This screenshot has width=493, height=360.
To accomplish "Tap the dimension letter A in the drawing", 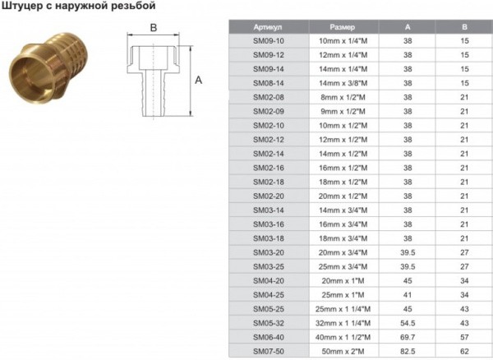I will point(198,80).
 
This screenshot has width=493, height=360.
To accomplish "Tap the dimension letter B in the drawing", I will point(153,28).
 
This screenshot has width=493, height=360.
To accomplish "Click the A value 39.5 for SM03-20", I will point(408,253).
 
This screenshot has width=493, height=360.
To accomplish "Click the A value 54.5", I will point(408,323).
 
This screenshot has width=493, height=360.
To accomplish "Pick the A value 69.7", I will point(408,338).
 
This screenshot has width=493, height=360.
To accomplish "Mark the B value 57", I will point(464,338).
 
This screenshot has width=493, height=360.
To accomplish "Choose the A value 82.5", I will point(408,352).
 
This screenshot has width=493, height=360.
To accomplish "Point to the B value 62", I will point(464,352).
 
